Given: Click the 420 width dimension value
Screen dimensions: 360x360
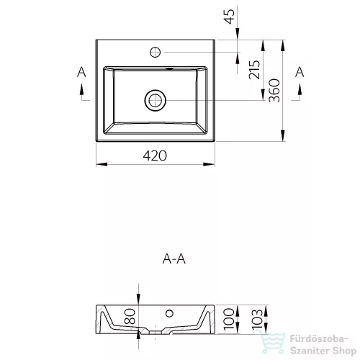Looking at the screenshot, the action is pos(155,156).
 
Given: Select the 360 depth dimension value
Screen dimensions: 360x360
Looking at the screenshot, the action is pos(274,91).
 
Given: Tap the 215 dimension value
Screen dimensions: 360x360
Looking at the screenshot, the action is pos(254,70).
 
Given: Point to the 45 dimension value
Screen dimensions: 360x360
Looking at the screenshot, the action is pos(229,17).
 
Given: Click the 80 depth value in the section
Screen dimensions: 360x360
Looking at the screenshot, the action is pos(130,316).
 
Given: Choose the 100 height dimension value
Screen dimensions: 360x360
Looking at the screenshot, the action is pos(228,319).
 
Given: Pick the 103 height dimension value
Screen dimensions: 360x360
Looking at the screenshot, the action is pos(257,320).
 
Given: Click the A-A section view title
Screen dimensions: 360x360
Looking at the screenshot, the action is pos(174,259).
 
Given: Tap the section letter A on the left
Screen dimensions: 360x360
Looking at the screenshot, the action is pos(81,72).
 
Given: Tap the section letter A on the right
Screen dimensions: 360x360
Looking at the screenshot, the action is pos(300,72).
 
